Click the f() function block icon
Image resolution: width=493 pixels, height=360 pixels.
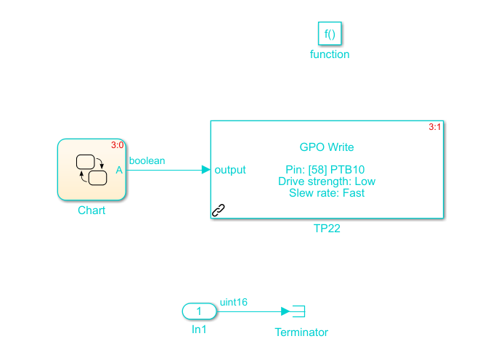click(330, 33)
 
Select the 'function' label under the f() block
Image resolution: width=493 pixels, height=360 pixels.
click(330, 54)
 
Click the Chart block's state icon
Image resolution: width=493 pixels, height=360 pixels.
click(91, 169)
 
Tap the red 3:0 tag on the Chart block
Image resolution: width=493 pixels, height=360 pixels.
click(117, 145)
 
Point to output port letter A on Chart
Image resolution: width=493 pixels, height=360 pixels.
click(119, 170)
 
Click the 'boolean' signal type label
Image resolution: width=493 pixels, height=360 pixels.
click(147, 160)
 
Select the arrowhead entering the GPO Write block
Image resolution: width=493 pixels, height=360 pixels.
click(205, 170)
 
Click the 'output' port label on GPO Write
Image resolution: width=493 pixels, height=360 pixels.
click(230, 170)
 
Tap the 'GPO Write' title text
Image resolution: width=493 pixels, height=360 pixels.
click(327, 147)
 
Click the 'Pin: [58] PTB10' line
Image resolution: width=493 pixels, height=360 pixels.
click(327, 170)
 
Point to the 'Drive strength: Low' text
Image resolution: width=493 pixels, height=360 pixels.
click(327, 181)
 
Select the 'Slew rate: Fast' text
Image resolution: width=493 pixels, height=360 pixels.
click(327, 193)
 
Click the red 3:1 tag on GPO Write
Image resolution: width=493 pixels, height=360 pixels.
click(435, 127)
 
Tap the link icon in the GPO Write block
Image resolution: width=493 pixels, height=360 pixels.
click(219, 210)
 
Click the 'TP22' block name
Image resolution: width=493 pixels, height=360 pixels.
click(327, 228)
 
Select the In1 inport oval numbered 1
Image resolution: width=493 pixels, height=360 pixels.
click(199, 311)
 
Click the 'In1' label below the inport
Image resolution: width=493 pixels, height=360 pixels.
click(199, 330)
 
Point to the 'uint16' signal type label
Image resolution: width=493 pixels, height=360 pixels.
click(234, 302)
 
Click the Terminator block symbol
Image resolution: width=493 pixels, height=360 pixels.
click(297, 311)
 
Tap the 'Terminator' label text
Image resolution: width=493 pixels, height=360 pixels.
click(301, 332)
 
